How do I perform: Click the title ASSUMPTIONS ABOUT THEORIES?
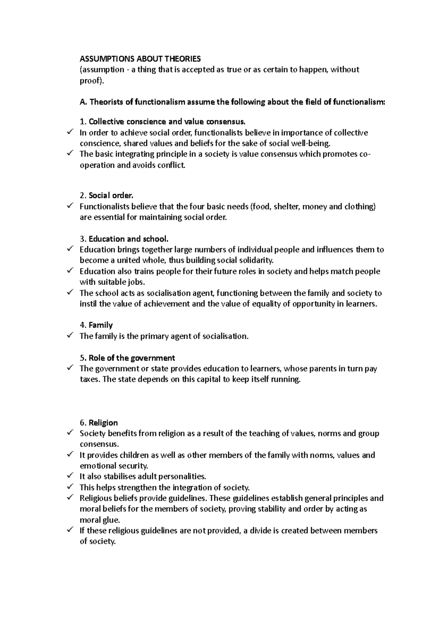pyautogui.click(x=140, y=59)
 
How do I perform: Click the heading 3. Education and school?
pyautogui.click(x=124, y=239)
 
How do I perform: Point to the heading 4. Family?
pyautogui.click(x=96, y=325)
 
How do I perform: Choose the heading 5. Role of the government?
pyautogui.click(x=127, y=358)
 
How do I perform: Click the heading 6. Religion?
pyautogui.click(x=99, y=423)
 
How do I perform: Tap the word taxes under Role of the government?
pyautogui.click(x=89, y=380)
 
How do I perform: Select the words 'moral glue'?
pyautogui.click(x=100, y=520)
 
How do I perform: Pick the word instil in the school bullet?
pyautogui.click(x=88, y=304)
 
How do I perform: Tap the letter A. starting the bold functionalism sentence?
pyautogui.click(x=83, y=102)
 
